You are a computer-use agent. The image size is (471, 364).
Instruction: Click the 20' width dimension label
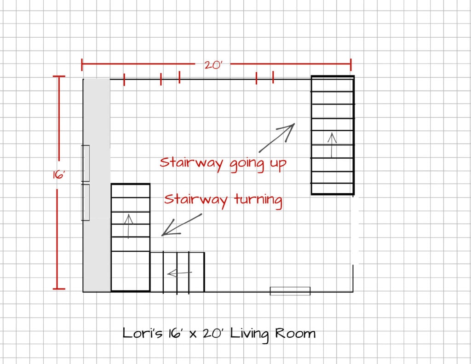pos(213,65)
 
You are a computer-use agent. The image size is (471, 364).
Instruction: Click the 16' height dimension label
pos(59,174)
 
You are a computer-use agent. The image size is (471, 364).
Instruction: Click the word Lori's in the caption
pos(143,333)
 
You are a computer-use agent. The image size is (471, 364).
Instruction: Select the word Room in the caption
pos(295,333)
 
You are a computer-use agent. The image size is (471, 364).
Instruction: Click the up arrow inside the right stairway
pos(332,145)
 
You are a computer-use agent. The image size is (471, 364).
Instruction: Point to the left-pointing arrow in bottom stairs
pos(180,273)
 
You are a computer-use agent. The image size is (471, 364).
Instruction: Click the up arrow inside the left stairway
pos(129,226)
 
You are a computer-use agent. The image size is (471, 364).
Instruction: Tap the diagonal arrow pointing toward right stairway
pos(276,138)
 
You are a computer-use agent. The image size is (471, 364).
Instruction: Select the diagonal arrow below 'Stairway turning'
pos(182,225)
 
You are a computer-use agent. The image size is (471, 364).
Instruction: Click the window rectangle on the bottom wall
pos(290,291)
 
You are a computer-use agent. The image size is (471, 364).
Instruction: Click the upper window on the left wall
pos(85,163)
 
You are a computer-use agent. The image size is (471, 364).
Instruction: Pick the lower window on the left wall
pos(85,202)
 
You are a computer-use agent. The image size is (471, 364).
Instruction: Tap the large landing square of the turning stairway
pos(131,271)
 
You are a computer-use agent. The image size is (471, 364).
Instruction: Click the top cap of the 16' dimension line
pos(59,76)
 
